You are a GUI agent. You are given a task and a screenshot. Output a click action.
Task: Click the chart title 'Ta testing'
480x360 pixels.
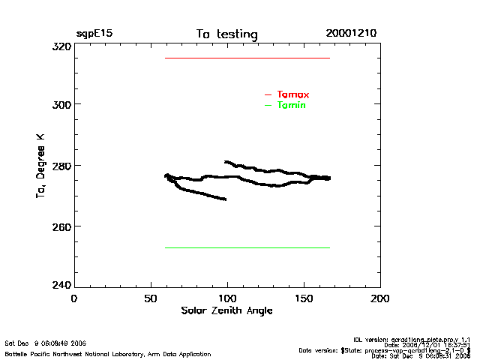tap(226, 34)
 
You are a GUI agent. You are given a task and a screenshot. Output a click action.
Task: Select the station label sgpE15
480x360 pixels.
tap(94, 34)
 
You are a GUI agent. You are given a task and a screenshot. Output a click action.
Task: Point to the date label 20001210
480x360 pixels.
tap(351, 34)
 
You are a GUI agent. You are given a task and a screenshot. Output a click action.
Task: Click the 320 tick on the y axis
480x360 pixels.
tap(60, 46)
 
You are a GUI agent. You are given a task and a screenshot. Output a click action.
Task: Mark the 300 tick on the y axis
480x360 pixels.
tap(60, 104)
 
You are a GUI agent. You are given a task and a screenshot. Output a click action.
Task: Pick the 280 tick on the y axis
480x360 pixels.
tap(60, 165)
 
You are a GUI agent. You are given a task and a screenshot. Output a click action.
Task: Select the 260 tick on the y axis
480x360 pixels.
tap(60, 226)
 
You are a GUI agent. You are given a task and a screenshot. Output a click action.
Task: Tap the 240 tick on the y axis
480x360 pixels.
tap(60, 285)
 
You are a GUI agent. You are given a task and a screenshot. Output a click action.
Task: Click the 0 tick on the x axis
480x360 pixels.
tap(73, 298)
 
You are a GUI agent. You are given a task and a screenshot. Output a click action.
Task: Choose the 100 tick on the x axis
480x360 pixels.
tap(226, 298)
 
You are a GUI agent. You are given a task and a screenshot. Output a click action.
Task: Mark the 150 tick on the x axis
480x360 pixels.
tap(303, 298)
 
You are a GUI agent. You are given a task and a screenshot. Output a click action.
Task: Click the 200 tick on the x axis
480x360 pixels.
tap(380, 298)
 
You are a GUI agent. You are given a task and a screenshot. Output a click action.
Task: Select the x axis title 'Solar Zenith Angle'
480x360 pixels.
tap(226, 310)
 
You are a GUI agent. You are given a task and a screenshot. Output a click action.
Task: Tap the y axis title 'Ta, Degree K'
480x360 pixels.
tap(40, 166)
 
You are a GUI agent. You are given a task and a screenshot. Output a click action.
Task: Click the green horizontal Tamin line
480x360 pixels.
tap(247, 247)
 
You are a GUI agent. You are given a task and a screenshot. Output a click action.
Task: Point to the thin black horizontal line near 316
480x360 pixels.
tap(247, 58)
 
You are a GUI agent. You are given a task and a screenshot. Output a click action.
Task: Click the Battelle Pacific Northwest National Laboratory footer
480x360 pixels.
tap(108, 353)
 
